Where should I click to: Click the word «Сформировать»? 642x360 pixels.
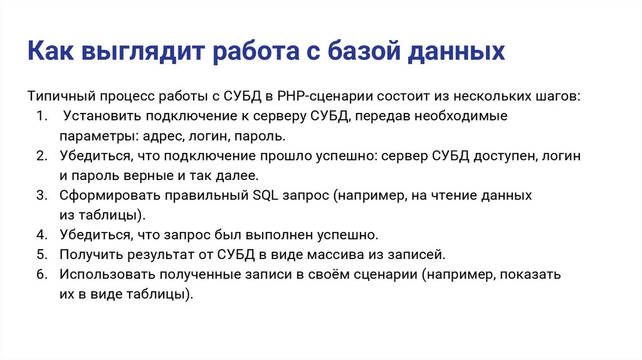click(108, 196)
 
